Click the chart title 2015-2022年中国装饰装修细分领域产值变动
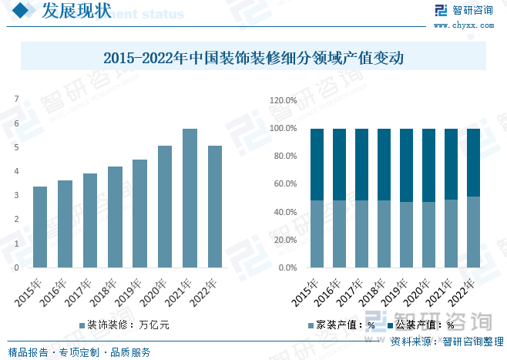pyautogui.click(x=253, y=57)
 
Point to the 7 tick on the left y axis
pyautogui.click(x=17, y=99)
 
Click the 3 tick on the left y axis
pyautogui.click(x=17, y=196)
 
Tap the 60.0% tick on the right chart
pyautogui.click(x=284, y=184)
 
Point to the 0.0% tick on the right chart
pyautogui.click(x=286, y=268)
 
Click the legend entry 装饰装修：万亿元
pyautogui.click(x=123, y=325)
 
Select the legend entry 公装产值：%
pyautogui.click(x=420, y=325)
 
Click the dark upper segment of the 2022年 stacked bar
pyautogui.click(x=473, y=162)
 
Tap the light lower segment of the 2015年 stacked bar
pyautogui.click(x=317, y=234)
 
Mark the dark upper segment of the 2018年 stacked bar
pyautogui.click(x=384, y=164)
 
